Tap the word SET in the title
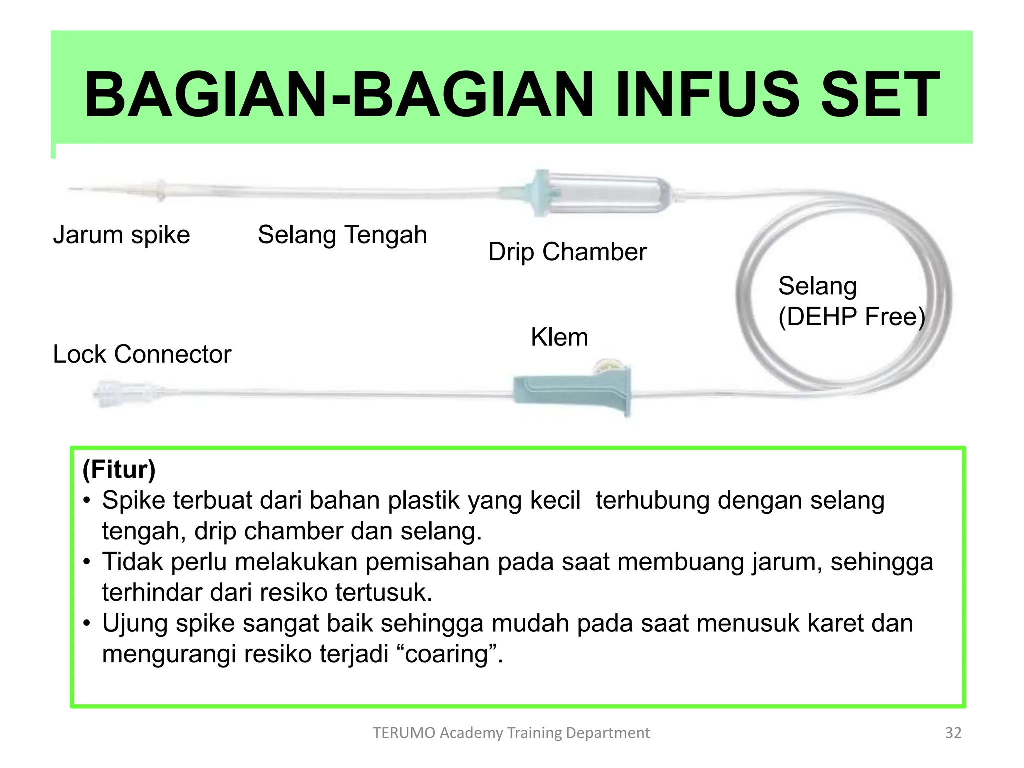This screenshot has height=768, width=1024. (x=880, y=95)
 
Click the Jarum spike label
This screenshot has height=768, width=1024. (x=121, y=235)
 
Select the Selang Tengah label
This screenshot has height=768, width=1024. (x=342, y=235)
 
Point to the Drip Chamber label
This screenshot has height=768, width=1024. (x=567, y=252)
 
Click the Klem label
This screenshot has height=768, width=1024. (x=559, y=337)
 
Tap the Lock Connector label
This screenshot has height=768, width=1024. (x=142, y=354)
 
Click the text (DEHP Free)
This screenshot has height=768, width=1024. (x=851, y=317)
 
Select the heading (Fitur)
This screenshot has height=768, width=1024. (x=119, y=469)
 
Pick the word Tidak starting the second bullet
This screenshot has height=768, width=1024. (x=132, y=562)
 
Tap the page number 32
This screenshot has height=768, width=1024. (x=953, y=733)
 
